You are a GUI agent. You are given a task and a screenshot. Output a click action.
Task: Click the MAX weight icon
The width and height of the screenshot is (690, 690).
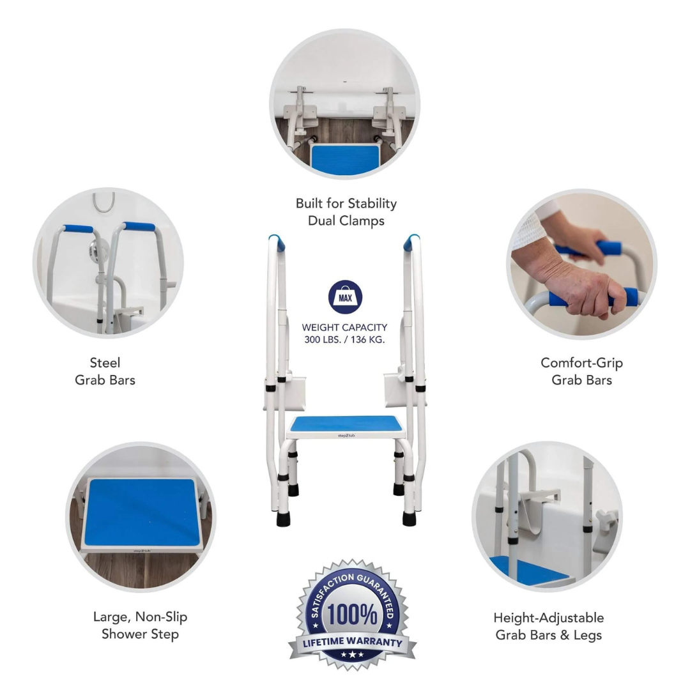click(345, 297)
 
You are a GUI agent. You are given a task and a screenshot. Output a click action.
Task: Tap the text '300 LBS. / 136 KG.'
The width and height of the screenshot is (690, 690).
click(345, 339)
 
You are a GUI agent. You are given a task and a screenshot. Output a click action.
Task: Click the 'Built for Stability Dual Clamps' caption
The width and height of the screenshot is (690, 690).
click(346, 211)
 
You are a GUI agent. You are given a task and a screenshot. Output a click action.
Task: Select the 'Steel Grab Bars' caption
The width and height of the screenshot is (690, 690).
click(105, 371)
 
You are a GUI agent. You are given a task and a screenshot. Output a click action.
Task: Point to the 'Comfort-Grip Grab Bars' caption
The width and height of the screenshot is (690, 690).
click(581, 371)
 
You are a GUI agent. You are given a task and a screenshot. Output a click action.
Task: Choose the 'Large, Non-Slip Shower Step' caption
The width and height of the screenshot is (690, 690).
click(140, 625)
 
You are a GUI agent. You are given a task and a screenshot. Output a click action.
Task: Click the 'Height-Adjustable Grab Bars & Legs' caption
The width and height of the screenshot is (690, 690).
click(548, 626)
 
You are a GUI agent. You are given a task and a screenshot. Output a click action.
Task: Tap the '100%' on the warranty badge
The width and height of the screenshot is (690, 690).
click(352, 615)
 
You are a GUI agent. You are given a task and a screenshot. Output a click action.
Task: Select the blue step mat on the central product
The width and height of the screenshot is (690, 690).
click(345, 423)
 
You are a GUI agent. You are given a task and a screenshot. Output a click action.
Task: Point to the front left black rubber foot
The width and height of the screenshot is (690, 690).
click(282, 517)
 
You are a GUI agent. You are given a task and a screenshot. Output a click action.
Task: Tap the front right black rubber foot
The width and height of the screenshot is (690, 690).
click(409, 517)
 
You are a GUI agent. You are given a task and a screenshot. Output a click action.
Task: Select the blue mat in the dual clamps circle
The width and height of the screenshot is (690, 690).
click(345, 158)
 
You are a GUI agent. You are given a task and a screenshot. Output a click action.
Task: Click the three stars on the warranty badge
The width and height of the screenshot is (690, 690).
click(352, 655)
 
